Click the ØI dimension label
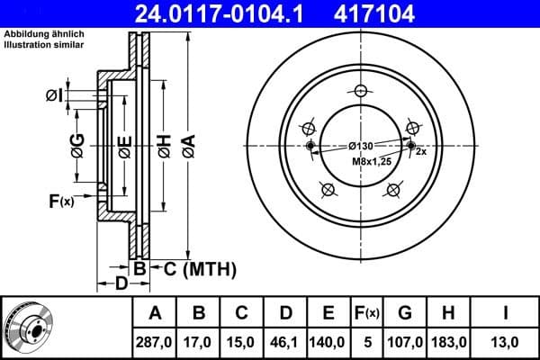click(53, 95)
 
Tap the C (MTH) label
click(193, 267)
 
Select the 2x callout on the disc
click(420, 153)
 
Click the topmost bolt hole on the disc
click(361, 90)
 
